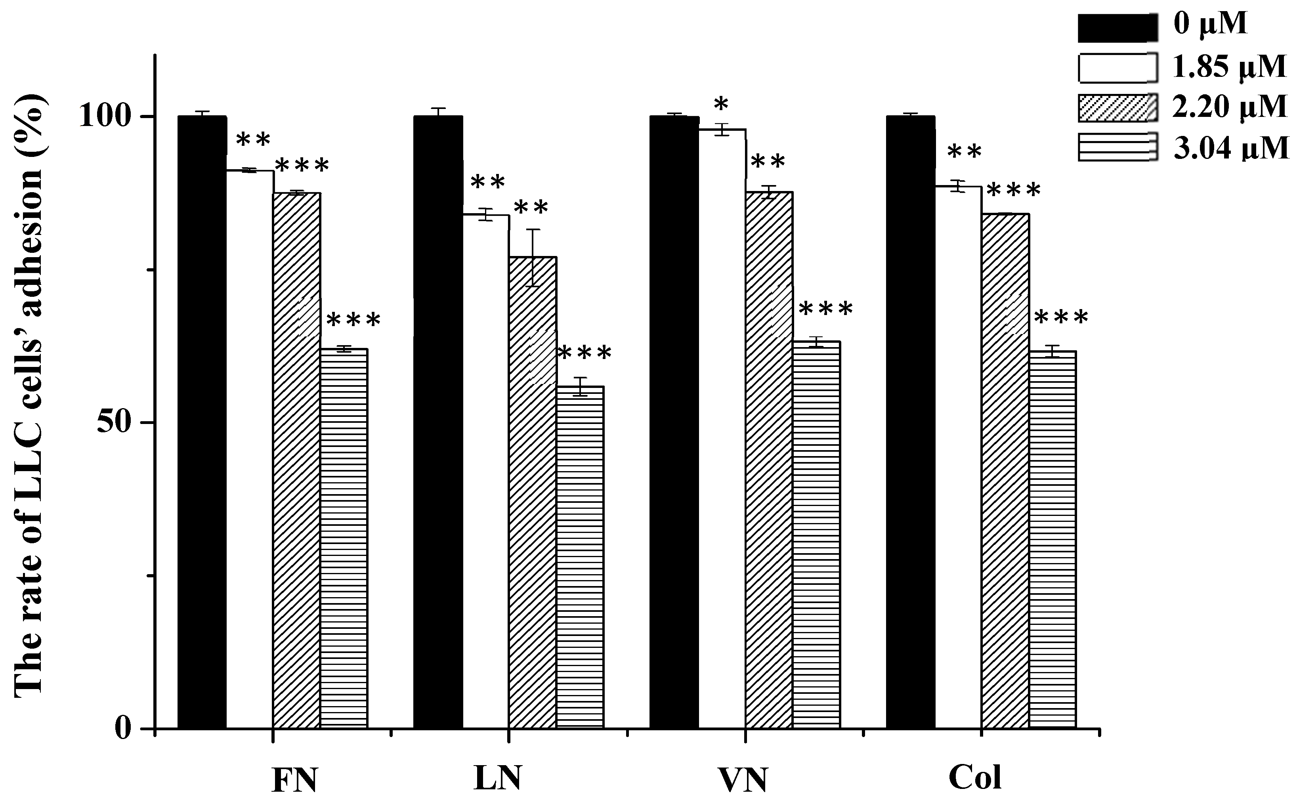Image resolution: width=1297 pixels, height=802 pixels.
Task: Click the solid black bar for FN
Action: click(202, 422)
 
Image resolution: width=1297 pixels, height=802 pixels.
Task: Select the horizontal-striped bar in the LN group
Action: click(580, 557)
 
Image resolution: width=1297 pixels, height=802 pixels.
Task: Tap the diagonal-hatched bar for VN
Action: click(769, 459)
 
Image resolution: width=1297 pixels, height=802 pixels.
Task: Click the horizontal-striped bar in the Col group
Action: click(1052, 539)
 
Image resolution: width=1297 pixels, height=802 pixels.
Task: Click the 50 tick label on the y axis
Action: click(114, 422)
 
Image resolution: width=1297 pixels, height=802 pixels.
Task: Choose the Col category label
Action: click(974, 777)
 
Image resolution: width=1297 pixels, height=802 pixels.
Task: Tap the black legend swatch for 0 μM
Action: click(1117, 28)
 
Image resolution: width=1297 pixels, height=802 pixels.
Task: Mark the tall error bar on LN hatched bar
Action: click(533, 258)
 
